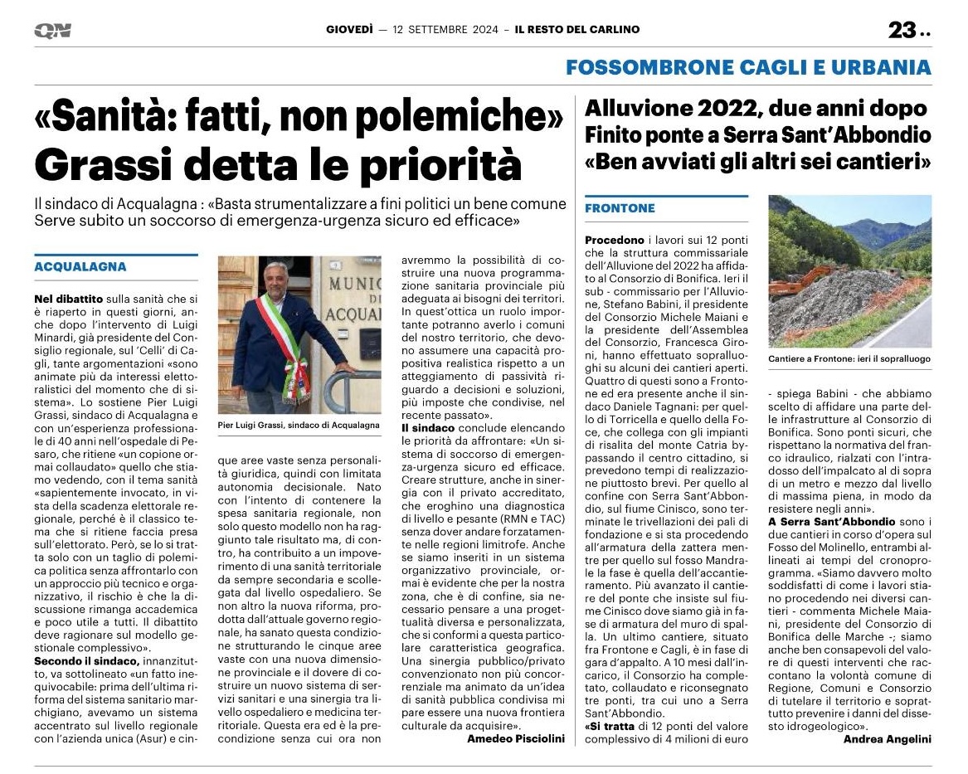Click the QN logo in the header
[x=52, y=31]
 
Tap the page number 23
[x=902, y=31]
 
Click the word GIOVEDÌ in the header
[x=348, y=30]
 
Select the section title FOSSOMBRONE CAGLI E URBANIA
[x=748, y=67]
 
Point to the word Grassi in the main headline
[x=104, y=165]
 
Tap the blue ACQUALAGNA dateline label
[x=80, y=267]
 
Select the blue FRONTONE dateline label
[x=620, y=208]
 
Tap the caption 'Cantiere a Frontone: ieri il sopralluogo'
[x=849, y=359]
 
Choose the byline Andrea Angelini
[x=887, y=739]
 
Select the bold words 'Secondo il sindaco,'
[x=86, y=660]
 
